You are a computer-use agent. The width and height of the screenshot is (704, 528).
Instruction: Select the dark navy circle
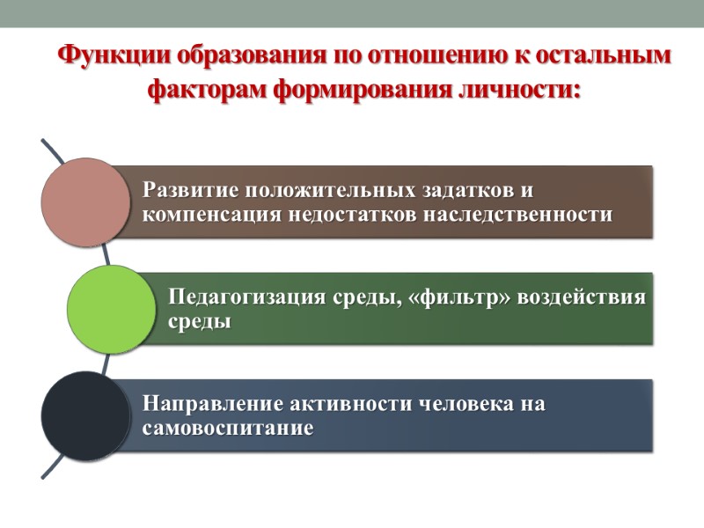tap(85, 415)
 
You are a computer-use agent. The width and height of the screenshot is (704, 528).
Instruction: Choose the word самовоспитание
tap(228, 429)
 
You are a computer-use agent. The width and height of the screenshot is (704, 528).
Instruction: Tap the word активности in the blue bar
tap(344, 404)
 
